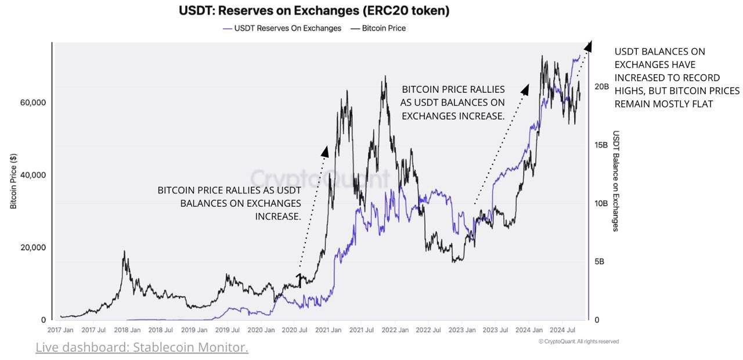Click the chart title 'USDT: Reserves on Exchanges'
click(313, 10)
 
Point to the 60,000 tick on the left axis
click(33, 102)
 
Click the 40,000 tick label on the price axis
click(33, 175)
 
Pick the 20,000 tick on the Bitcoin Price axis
click(33, 247)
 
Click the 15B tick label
click(601, 145)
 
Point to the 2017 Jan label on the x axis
click(60, 330)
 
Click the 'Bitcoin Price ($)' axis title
click(14, 181)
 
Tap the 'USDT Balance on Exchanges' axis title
click(616, 181)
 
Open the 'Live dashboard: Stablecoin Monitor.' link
click(142, 347)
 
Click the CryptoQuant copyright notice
click(578, 341)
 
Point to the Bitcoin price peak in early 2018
click(123, 252)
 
